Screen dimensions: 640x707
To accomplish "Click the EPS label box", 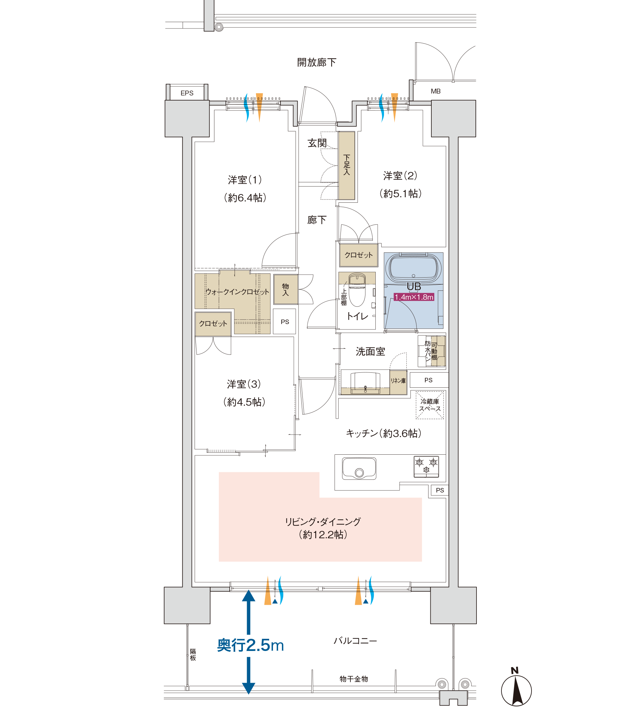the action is (187, 93).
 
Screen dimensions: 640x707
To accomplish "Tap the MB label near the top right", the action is (436, 91).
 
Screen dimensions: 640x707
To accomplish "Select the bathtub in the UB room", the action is (413, 268).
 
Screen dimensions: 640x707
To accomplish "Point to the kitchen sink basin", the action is (359, 468).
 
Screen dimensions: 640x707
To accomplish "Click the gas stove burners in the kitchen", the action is (426, 467).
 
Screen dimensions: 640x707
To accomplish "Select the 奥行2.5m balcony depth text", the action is (250, 645).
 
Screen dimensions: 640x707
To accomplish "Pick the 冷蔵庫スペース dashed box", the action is (430, 405).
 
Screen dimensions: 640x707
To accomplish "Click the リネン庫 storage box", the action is (398, 382).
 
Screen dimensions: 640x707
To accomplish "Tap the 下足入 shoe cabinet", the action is (347, 166).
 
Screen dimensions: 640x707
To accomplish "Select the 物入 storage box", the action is (286, 289).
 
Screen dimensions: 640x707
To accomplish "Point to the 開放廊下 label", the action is (316, 62).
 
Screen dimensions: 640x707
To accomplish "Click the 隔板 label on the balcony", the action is (193, 655).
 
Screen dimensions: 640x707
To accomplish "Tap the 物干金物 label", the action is (354, 679).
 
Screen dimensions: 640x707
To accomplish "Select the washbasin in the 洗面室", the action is (365, 383).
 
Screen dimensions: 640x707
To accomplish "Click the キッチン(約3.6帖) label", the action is (383, 434).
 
